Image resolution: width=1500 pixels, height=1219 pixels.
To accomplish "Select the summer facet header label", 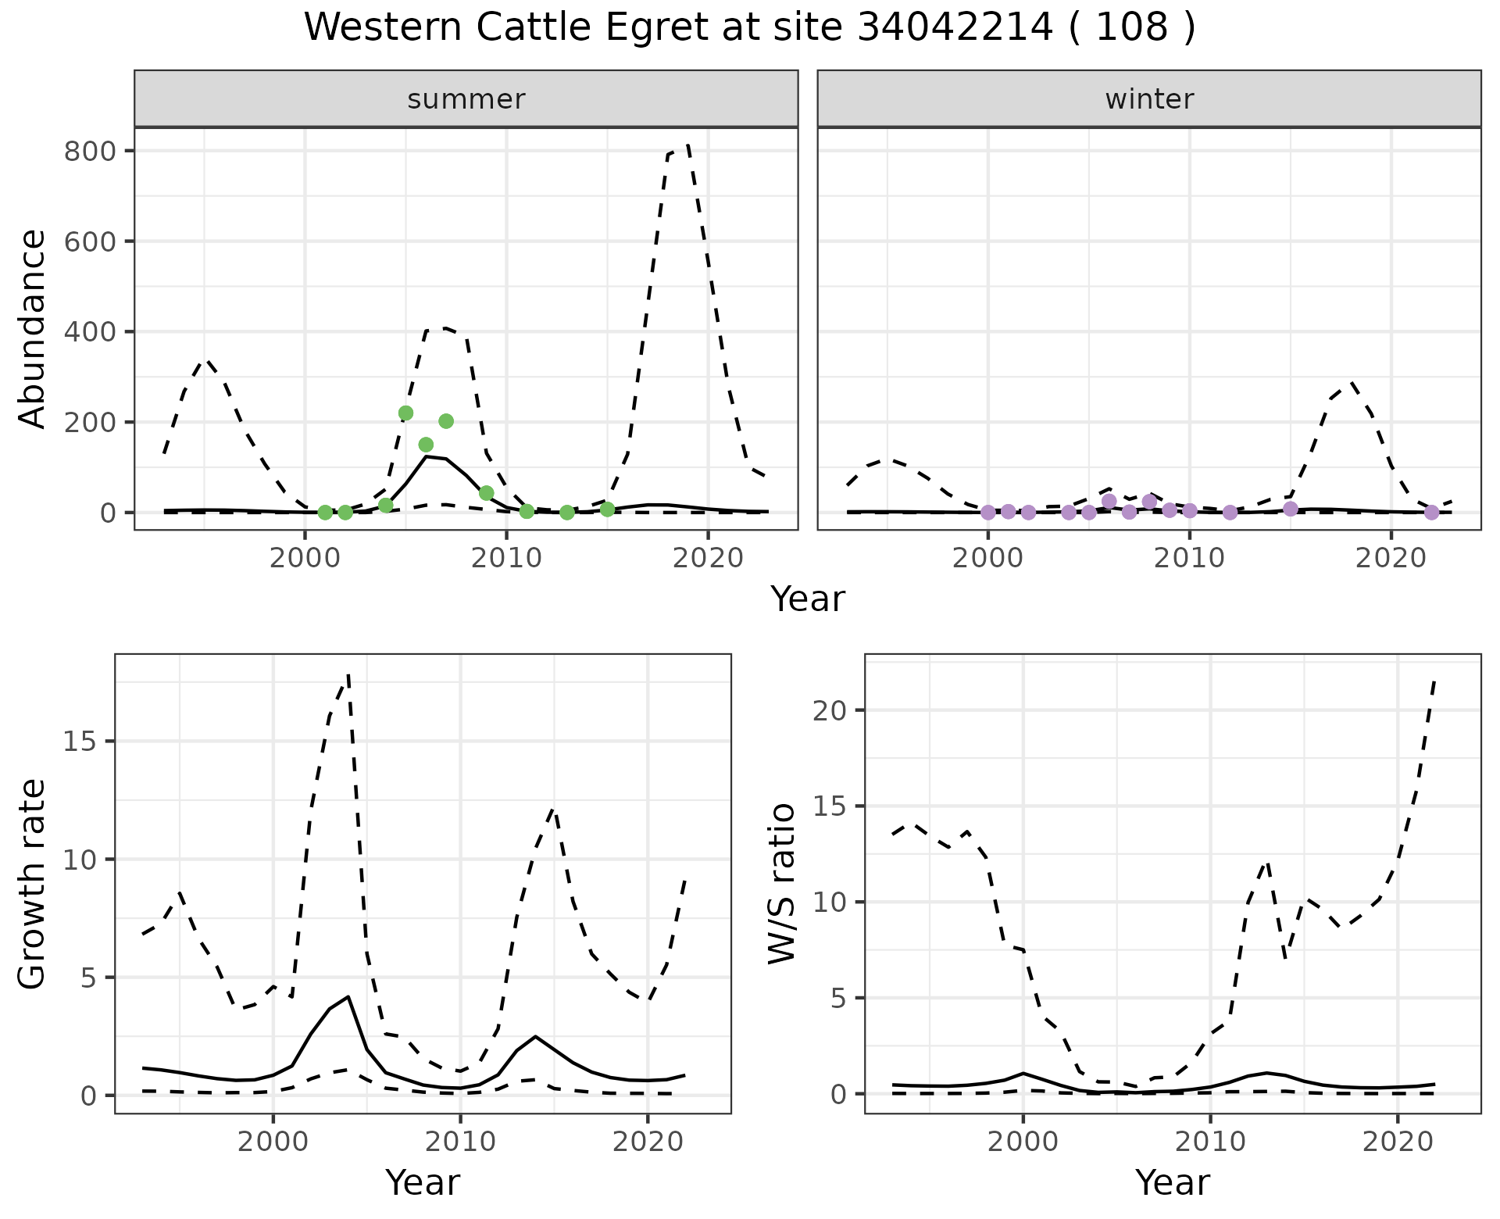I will pos(466,99).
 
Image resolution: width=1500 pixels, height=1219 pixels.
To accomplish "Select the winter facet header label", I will pos(1149,99).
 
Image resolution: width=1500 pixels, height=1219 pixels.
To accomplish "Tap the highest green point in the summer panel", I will pos(405,413).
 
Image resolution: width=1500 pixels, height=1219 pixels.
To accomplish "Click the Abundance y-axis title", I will pos(33,329).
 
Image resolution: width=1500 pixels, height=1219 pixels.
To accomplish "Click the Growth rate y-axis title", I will pos(33,884).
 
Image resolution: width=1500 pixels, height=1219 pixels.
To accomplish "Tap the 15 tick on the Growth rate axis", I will pos(78,742).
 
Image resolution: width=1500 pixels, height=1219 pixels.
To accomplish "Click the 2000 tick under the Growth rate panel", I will pos(273,1142).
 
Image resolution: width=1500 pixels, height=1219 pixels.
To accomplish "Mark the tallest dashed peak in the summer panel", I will pos(687,146).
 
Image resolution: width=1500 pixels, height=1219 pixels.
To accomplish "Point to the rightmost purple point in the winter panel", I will pos(1431,513).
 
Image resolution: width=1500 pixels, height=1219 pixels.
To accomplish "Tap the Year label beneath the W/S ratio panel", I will pos(1173,1182).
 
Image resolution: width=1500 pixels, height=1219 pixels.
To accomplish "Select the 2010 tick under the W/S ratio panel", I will pos(1210,1142).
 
